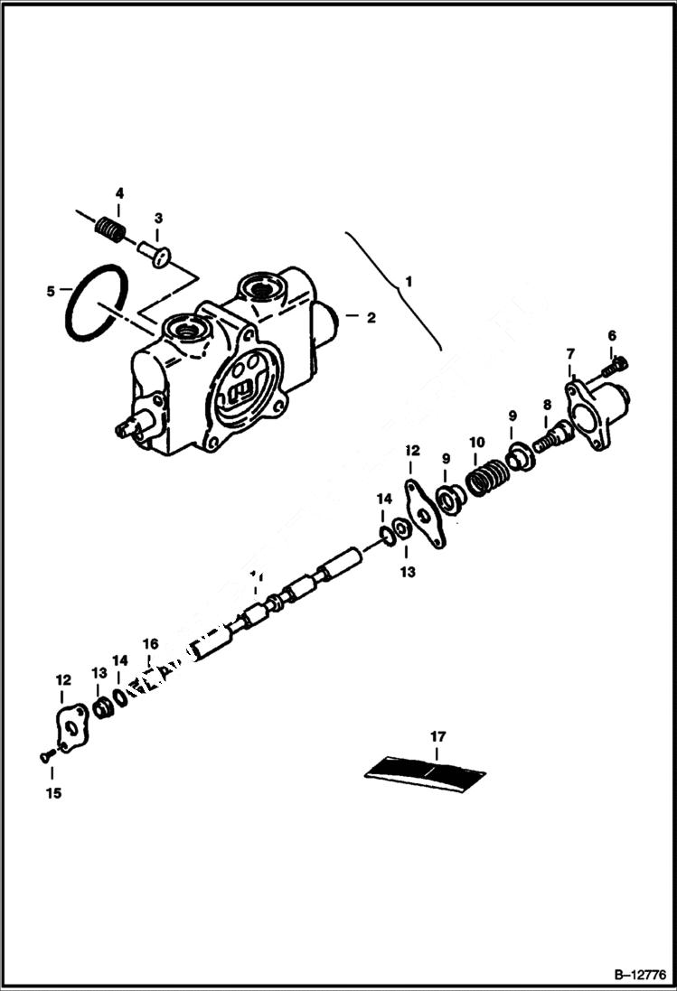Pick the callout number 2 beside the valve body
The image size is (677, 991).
[370, 317]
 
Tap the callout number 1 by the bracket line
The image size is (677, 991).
[408, 281]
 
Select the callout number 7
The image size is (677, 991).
[570, 353]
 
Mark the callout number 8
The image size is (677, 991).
[547, 406]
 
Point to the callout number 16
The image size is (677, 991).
[150, 644]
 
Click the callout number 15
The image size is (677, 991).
[52, 793]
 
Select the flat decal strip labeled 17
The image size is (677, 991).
[426, 772]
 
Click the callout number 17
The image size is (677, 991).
[437, 737]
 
